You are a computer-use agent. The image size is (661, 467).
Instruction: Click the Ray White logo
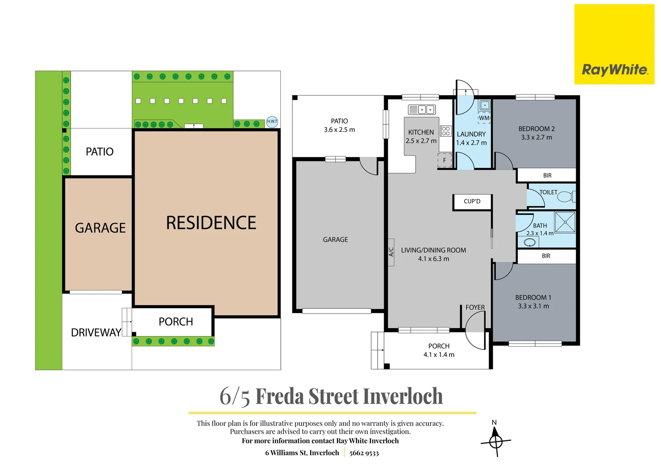(x=614, y=70)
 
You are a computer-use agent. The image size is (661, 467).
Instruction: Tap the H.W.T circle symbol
(x=272, y=122)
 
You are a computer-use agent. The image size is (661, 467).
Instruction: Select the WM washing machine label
(x=484, y=118)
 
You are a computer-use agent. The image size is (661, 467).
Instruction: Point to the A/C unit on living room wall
(x=391, y=252)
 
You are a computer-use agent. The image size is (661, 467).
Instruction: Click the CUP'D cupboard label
(x=472, y=202)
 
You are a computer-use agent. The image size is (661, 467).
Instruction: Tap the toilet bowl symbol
(x=565, y=197)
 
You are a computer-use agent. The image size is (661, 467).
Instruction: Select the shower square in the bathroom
(x=565, y=222)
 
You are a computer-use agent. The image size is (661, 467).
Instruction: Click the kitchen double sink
(x=421, y=109)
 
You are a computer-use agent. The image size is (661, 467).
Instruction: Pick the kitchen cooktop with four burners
(x=446, y=131)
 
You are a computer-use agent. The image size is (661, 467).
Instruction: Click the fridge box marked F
(x=444, y=160)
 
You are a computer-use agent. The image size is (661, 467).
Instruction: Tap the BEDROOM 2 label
(x=536, y=129)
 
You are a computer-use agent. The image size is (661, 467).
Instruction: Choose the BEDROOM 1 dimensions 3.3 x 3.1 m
(x=533, y=306)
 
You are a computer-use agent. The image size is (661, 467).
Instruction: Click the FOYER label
(x=475, y=307)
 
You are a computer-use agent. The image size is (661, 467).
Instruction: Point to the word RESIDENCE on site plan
(x=211, y=223)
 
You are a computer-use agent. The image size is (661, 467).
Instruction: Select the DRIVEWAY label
(x=96, y=333)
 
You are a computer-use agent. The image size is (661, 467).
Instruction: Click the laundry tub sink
(x=485, y=105)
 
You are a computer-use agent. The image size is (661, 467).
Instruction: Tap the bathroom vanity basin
(x=529, y=243)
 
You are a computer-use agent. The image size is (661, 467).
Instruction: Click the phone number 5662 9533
(x=364, y=453)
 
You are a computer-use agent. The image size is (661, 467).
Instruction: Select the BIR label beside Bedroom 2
(x=547, y=176)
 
